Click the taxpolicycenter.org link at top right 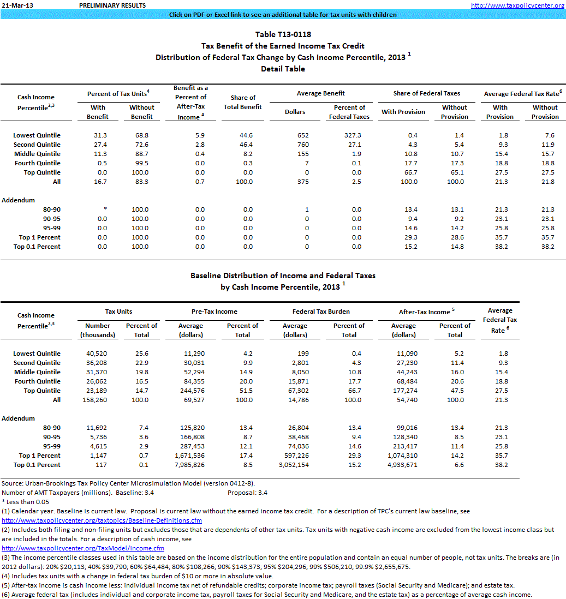coord(517,5)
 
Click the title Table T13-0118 coord(283,35)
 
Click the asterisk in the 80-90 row coord(98,209)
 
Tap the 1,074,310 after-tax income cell coord(403,456)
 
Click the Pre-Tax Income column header coord(214,312)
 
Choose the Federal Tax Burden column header coord(321,312)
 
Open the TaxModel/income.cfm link coord(83,548)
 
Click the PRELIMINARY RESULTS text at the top coord(112,5)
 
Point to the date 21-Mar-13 coord(13,5)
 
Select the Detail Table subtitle coord(283,69)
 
